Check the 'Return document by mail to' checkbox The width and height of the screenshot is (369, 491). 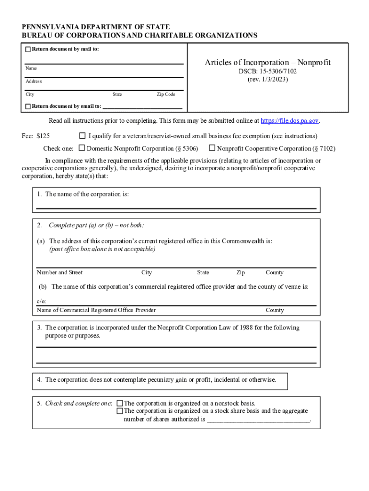pos(28,49)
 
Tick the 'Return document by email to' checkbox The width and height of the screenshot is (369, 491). pos(28,106)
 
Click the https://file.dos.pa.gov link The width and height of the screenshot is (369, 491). pos(289,121)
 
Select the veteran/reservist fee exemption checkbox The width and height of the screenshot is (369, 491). pos(82,136)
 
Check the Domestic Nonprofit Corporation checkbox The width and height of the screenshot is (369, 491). pos(82,148)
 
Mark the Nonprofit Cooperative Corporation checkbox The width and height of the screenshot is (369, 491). pos(212,148)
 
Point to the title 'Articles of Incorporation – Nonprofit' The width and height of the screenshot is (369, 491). pos(267,63)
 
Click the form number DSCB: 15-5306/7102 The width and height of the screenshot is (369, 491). pos(267,71)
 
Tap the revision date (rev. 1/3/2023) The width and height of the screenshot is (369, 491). pos(267,79)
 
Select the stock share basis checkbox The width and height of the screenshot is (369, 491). pos(120,411)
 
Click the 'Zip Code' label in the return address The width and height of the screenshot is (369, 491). pos(166,94)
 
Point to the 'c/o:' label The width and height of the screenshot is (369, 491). pos(41,302)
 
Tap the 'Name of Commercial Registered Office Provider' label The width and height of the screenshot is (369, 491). pos(96,310)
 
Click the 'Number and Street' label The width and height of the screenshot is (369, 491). pos(60,272)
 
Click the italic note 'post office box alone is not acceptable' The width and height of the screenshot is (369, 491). pos(103,249)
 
